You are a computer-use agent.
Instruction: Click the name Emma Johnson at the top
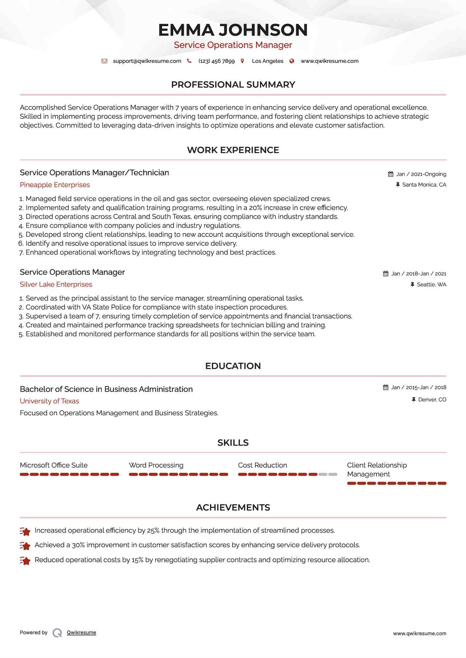[x=233, y=30]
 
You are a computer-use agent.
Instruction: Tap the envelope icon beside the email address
[x=104, y=61]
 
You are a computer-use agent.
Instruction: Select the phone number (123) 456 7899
[x=216, y=61]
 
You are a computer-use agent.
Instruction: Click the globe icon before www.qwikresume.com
[x=292, y=61]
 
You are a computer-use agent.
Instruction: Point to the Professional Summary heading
[x=233, y=85]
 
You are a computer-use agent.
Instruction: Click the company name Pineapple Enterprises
[x=55, y=185]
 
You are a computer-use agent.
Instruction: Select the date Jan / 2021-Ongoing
[x=421, y=174]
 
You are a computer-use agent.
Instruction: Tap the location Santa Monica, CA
[x=424, y=185]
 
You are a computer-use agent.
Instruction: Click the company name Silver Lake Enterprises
[x=56, y=284]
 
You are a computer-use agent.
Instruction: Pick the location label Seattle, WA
[x=431, y=285]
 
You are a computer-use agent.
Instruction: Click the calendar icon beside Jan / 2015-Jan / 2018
[x=386, y=388]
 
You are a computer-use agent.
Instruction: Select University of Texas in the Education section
[x=49, y=401]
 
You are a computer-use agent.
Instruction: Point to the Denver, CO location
[x=432, y=400]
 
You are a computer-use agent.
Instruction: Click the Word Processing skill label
[x=156, y=465]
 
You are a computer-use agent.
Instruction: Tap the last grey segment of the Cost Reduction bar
[x=333, y=474]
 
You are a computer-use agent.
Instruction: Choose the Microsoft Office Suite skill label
[x=54, y=465]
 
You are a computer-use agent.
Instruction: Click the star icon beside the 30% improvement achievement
[x=25, y=546]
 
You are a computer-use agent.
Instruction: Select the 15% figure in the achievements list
[x=137, y=560]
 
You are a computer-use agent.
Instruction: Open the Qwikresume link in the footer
[x=81, y=633]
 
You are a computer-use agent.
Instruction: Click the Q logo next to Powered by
[x=57, y=633]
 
